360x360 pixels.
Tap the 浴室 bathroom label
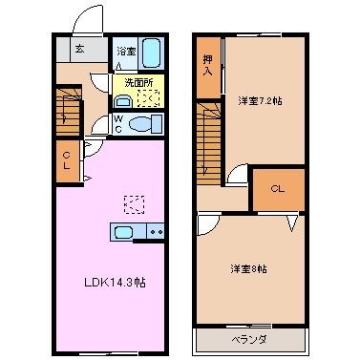[125, 50]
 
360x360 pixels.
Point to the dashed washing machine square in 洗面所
[149, 96]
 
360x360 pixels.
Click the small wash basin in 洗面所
[120, 97]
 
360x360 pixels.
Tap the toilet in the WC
[139, 123]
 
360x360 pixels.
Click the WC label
[117, 123]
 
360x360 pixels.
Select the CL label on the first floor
[67, 159]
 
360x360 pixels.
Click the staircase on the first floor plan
[66, 108]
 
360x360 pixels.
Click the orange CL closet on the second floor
[277, 188]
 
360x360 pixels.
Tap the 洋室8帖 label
[248, 268]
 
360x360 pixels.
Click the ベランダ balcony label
[250, 339]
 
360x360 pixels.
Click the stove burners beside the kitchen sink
[154, 232]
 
